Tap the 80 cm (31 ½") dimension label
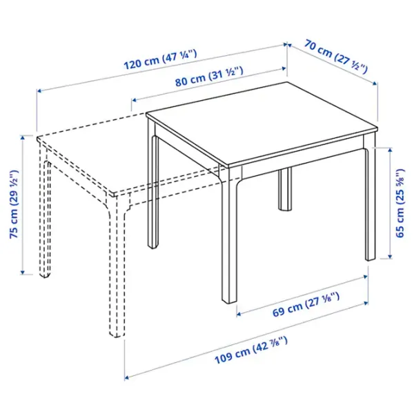tap(209, 76)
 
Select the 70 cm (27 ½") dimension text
tap(336, 57)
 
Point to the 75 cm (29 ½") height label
tap(14, 204)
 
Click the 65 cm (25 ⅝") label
tap(400, 203)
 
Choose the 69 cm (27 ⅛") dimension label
tap(306, 304)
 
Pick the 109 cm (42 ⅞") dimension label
tap(251, 350)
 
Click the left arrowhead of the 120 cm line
tap(39, 91)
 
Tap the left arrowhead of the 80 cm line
tap(134, 100)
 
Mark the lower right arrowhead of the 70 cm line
tap(375, 83)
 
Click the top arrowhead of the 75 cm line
tap(23, 137)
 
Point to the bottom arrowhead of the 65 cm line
tap(390, 256)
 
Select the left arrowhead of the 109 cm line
tap(127, 377)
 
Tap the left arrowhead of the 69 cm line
tap(239, 314)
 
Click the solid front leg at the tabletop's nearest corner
tap(229, 235)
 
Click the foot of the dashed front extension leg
tap(117, 334)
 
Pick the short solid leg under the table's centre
tap(286, 189)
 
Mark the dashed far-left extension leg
tap(44, 211)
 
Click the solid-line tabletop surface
tap(262, 124)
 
